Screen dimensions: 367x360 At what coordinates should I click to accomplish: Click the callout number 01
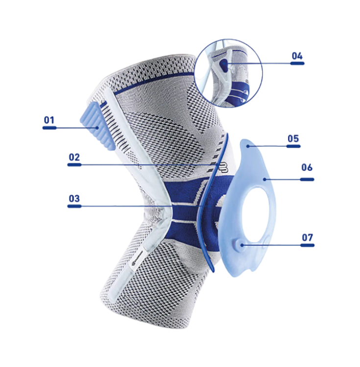coord(49,119)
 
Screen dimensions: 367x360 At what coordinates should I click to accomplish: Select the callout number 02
coord(74,157)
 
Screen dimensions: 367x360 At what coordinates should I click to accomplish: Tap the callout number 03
coord(74,198)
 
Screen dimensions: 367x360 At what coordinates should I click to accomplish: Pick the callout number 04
coord(297,56)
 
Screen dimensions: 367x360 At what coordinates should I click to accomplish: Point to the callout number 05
coord(293,138)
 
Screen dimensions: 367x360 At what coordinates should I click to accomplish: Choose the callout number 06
coord(307,167)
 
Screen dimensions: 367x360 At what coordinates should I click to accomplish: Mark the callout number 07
coord(307,237)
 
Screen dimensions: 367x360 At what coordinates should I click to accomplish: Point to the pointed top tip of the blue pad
coord(246,142)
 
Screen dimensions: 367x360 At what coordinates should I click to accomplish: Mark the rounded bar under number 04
coord(297,63)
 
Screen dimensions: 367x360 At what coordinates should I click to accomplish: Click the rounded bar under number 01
coord(49,127)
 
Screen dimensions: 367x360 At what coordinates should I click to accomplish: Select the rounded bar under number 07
coord(307,245)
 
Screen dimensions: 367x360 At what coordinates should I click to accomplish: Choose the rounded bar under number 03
coord(74,206)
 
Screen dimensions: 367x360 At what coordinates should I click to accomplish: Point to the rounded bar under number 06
coord(307,180)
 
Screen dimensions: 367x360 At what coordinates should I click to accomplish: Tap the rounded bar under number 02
coord(74,165)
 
